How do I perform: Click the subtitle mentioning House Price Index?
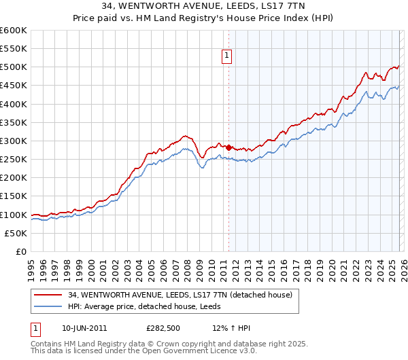[x=204, y=18]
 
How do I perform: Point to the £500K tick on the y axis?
[x=14, y=67]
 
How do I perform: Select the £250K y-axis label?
[x=14, y=160]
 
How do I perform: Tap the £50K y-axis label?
[x=16, y=233]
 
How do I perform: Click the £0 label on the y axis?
[x=21, y=251]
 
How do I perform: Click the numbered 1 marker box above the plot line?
[x=227, y=57]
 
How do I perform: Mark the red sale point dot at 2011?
[x=228, y=147]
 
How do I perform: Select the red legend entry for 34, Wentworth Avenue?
[x=180, y=295]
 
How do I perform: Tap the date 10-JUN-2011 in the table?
[x=84, y=329]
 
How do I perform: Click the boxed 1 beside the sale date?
[x=35, y=329]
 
